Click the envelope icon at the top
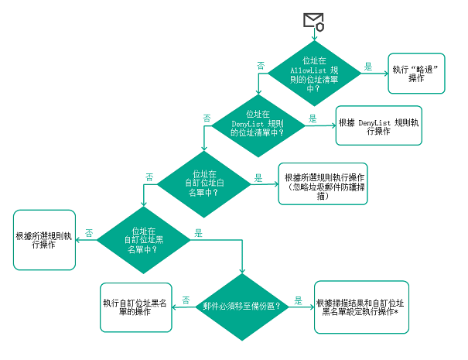(313, 21)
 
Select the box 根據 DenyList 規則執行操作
(379, 125)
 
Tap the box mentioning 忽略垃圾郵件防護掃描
(325, 183)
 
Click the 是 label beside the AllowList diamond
(369, 67)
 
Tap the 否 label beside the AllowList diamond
(261, 66)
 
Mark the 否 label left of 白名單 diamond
(149, 177)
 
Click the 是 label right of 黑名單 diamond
(199, 232)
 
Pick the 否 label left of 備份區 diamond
(186, 299)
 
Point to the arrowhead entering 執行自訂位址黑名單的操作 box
(173, 307)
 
